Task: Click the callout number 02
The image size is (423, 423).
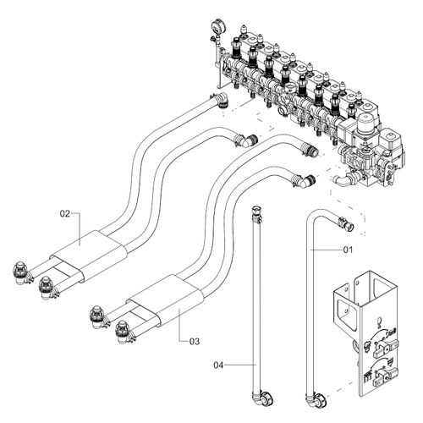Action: point(64,214)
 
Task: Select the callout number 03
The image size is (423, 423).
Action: point(194,342)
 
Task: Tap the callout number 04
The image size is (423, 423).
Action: point(218,365)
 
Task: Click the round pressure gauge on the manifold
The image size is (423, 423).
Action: point(211,25)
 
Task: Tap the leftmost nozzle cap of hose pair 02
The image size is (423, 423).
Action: point(19,272)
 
